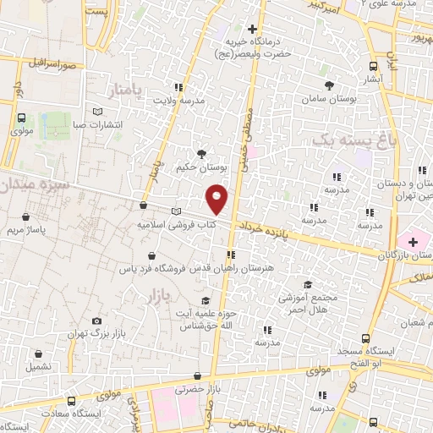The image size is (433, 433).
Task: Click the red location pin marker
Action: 217,199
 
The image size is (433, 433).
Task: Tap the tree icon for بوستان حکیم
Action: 201,153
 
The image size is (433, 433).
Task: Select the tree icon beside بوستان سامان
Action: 331,85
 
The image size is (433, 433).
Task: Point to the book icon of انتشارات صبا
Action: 97,112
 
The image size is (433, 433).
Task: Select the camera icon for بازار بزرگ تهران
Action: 97,321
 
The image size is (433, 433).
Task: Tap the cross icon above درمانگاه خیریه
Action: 252,30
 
